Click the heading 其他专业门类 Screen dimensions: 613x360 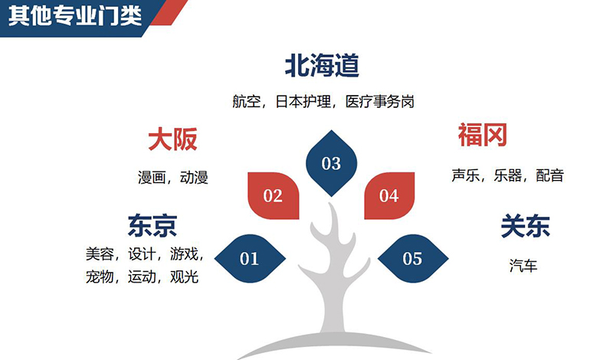pos(74,16)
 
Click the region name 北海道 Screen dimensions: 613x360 pos(322,65)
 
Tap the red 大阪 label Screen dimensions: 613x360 pos(172,139)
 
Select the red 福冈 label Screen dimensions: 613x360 pos(483,135)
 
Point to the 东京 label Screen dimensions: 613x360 pos(152,225)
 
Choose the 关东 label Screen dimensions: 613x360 pos(526,225)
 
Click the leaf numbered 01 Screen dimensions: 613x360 pos(250,258)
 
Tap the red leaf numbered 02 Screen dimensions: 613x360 pos(274,195)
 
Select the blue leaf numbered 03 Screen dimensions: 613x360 pos(331,163)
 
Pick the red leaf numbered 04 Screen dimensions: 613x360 pos(389,195)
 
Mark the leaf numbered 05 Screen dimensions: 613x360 pos(413,258)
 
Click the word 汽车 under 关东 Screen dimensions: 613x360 pos(523,266)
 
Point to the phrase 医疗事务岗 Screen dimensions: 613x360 pos(379,102)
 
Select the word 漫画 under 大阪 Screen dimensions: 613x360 pos(152,178)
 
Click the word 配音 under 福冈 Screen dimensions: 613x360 pos(549,175)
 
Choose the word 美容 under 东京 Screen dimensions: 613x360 pos(100,254)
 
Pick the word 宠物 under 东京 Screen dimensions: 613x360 pos(100,277)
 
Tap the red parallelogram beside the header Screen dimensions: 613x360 pos(169,12)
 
